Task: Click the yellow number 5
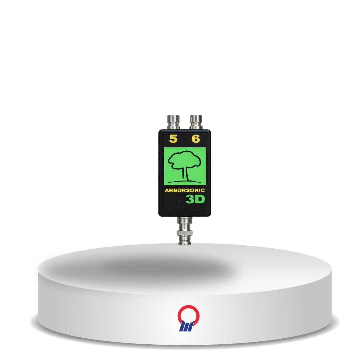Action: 173,139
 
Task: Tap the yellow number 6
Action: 196,139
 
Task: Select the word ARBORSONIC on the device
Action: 185,190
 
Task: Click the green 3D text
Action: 195,199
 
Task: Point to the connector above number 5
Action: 173,122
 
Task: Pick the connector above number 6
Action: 196,122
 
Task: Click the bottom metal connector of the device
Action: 185,231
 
